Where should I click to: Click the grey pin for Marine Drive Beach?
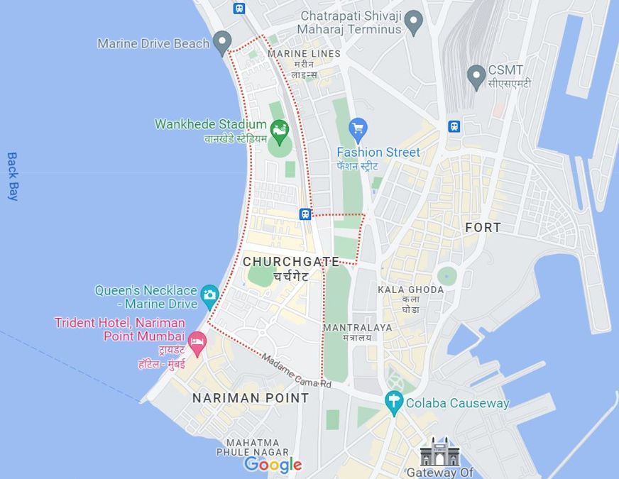223,43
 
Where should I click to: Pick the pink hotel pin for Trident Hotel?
197,342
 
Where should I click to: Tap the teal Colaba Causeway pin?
394,402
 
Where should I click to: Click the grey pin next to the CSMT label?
476,76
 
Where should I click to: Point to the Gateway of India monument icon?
439,452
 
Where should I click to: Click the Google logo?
273,465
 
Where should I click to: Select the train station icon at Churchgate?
305,214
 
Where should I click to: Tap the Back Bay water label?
12,176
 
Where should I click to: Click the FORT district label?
483,227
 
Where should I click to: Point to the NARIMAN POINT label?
251,398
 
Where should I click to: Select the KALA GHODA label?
410,290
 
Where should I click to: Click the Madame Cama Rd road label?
296,370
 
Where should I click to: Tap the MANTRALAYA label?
357,328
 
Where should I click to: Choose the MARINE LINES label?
304,54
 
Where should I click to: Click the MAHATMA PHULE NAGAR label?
253,447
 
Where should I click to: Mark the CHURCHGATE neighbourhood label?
291,262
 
